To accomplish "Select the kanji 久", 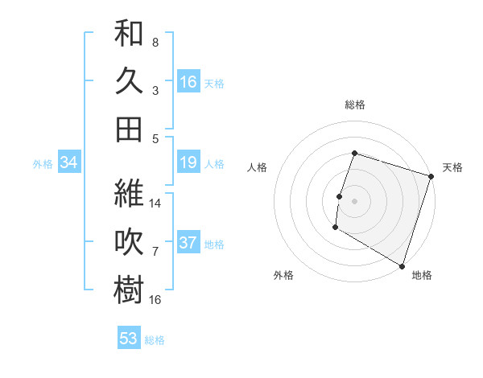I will click(129, 81).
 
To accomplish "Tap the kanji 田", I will click(129, 129).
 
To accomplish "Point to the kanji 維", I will click(129, 194).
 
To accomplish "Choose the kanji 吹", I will click(129, 242).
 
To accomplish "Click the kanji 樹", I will click(129, 290).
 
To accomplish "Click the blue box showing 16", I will click(188, 81).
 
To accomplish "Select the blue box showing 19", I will click(188, 163).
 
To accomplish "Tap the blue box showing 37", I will click(188, 243).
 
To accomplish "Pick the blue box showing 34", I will click(69, 163).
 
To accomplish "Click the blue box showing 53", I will click(129, 339).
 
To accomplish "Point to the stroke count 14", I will click(156, 203).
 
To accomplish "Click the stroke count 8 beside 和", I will click(155, 42).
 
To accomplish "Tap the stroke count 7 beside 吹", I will click(155, 252).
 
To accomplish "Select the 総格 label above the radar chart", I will click(354, 105).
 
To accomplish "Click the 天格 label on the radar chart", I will click(452, 167).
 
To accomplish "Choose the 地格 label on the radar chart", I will click(422, 275).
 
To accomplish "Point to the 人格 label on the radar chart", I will click(257, 167).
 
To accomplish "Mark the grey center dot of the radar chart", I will click(354, 201).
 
